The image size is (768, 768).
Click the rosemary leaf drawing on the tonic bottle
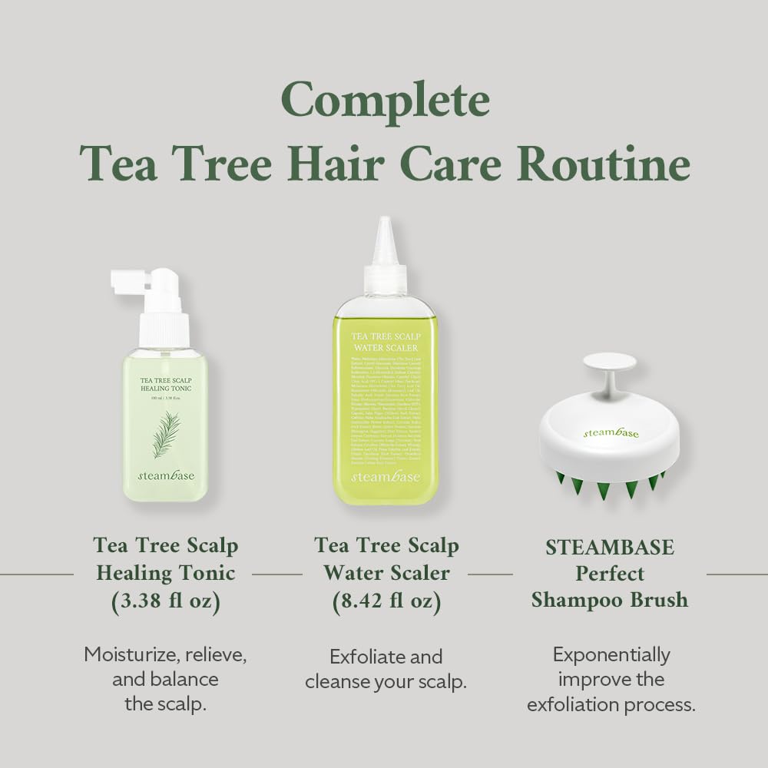click(x=167, y=433)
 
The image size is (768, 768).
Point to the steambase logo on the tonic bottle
click(x=166, y=475)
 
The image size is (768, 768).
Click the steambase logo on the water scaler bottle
click(x=386, y=477)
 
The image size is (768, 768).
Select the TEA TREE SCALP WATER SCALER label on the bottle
click(x=386, y=342)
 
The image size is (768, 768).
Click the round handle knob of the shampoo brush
click(x=610, y=362)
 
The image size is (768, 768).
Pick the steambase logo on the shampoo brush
click(x=611, y=433)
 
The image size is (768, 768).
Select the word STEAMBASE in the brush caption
click(x=610, y=548)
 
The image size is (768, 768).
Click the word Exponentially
click(x=611, y=655)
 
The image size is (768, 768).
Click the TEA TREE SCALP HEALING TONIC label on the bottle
click(x=166, y=383)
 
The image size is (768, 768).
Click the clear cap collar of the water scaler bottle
click(x=386, y=280)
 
